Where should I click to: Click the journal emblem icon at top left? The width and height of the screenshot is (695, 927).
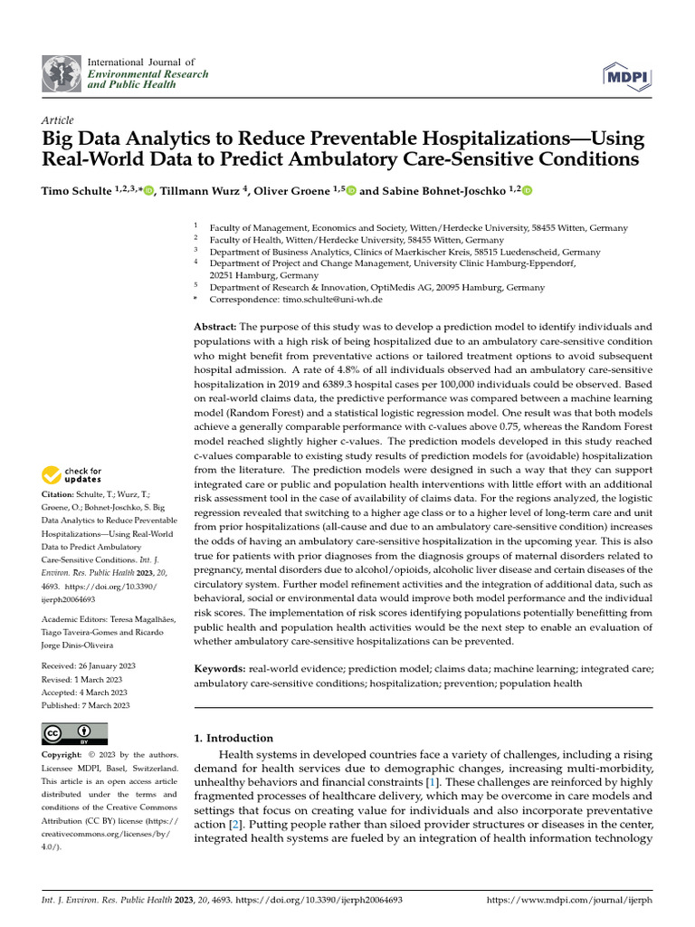tap(61, 73)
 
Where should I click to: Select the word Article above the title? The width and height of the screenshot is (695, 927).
tap(58, 120)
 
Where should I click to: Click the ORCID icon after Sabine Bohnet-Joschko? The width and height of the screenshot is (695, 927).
tap(527, 191)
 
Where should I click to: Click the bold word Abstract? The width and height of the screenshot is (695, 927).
tap(220, 326)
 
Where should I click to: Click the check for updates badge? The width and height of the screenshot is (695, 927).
tap(71, 474)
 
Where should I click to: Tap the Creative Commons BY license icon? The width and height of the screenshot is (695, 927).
tap(74, 732)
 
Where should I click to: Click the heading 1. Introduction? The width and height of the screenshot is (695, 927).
tap(233, 738)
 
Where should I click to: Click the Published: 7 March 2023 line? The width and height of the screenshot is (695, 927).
tap(86, 705)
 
